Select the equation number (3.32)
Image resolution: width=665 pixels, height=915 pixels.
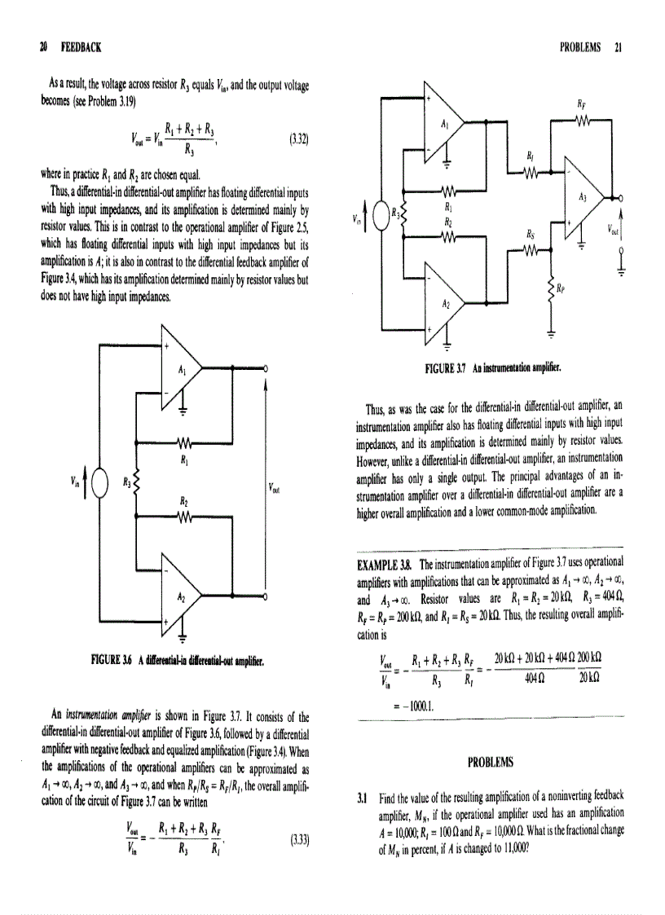pos(297,139)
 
